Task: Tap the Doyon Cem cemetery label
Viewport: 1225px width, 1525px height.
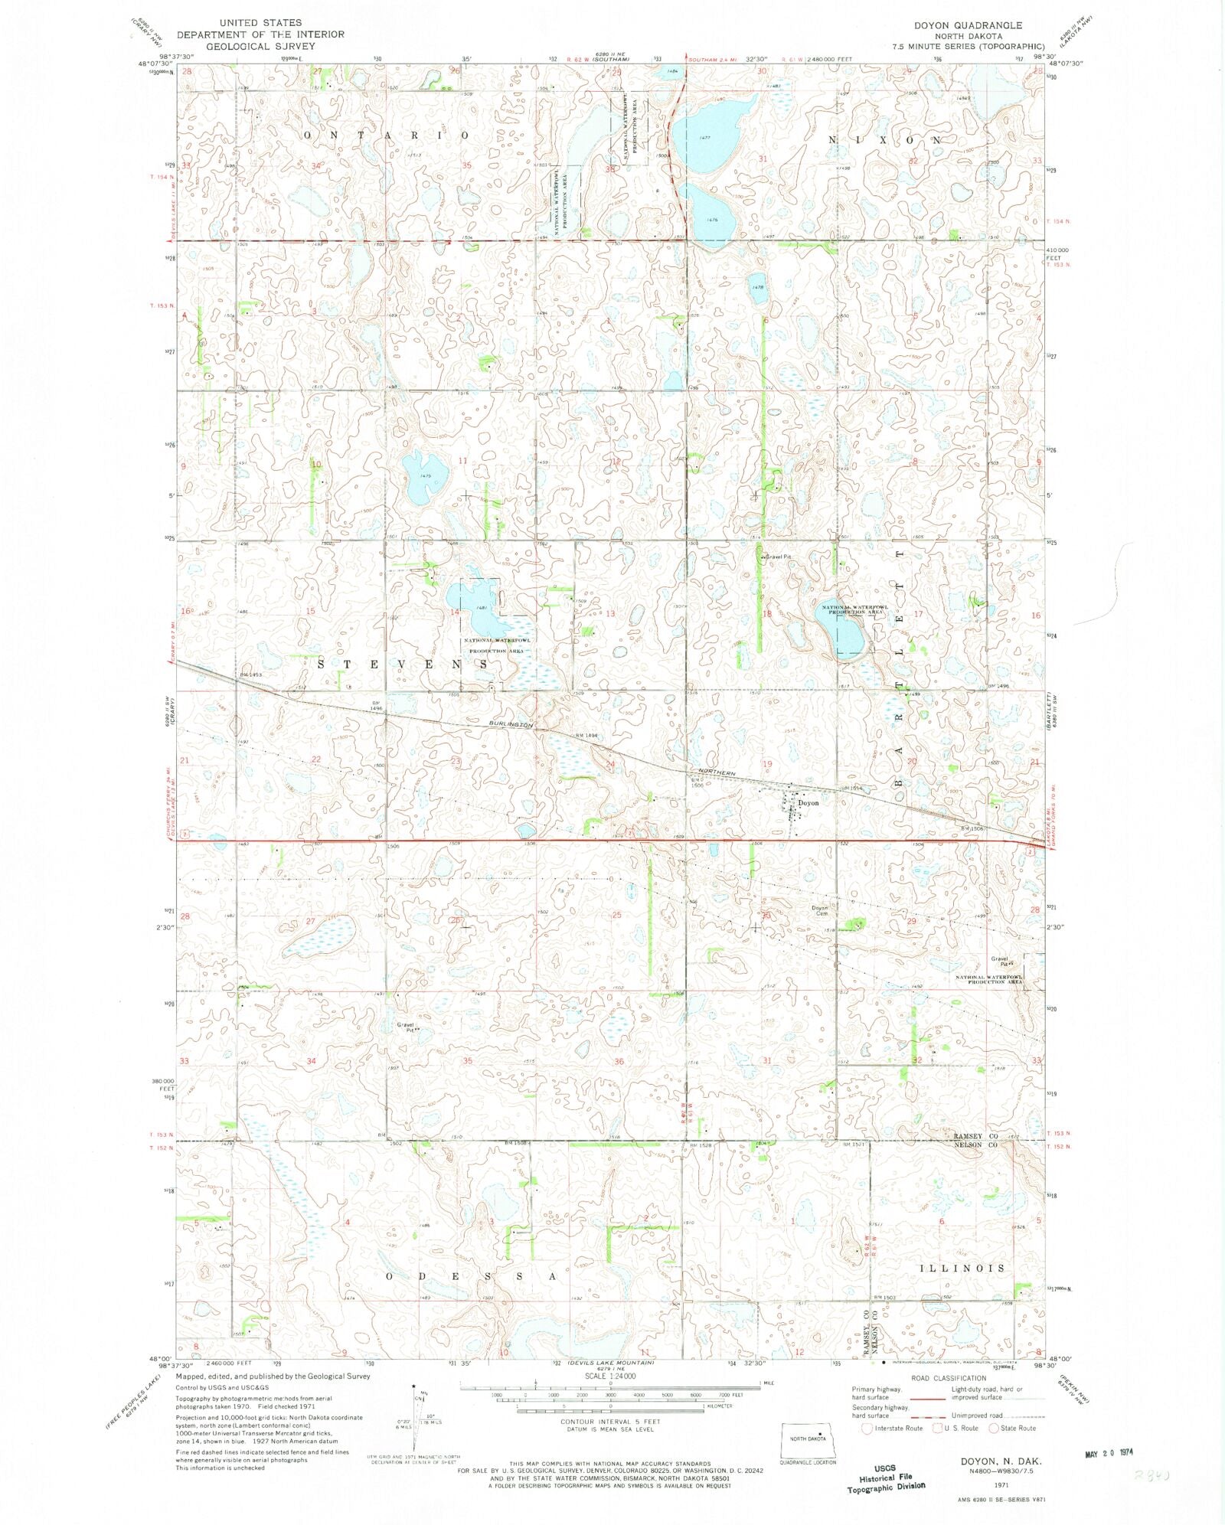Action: (820, 911)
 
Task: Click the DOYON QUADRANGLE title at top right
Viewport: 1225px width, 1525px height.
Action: (968, 25)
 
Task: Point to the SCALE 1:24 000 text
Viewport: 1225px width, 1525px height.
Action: (609, 1397)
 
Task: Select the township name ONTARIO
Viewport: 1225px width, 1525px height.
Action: (387, 135)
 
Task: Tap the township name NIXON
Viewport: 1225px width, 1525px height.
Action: (885, 141)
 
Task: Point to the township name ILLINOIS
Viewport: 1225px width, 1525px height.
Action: (962, 1268)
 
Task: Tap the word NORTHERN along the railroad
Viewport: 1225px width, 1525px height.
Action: (717, 773)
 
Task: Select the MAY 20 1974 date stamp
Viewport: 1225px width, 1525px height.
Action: (1109, 1452)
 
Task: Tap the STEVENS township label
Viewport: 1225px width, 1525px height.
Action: (402, 664)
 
